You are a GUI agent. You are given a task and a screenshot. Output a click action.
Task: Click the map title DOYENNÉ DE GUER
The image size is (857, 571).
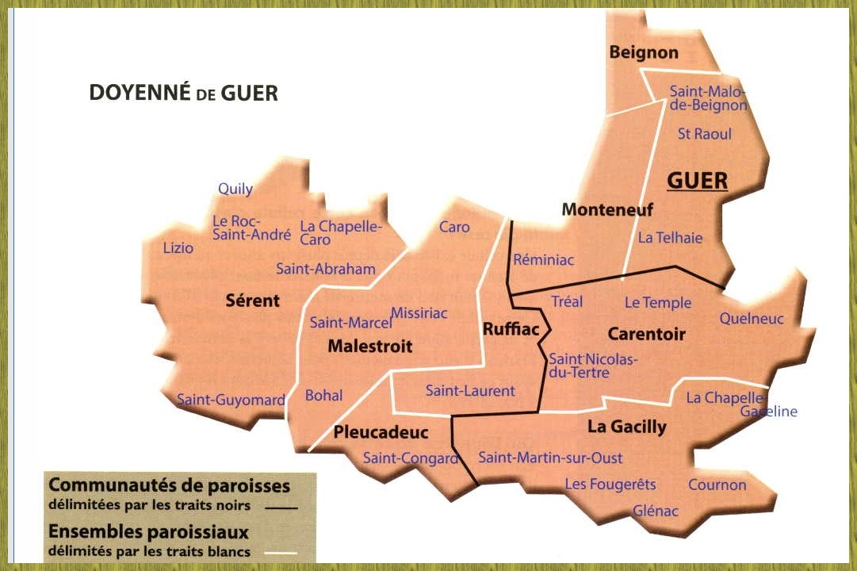pos(183,93)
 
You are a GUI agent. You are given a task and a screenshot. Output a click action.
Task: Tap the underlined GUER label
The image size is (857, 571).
pos(697,181)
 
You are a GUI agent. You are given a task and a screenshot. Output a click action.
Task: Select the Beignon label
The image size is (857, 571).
pos(644,52)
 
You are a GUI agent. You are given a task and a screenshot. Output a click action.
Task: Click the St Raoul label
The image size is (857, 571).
pos(704,134)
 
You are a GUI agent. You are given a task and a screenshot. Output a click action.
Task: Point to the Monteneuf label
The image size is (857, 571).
pos(607,209)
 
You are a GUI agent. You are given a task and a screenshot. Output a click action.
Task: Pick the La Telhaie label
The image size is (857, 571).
pos(670,238)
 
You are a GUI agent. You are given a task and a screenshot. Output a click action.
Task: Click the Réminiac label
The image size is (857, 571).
pos(543,259)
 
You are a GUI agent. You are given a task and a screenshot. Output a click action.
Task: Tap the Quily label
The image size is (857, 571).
pos(235,189)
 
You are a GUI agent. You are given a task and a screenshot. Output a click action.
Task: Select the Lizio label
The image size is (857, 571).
pos(178,248)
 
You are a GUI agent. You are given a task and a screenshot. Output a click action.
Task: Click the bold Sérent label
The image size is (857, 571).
pos(252,301)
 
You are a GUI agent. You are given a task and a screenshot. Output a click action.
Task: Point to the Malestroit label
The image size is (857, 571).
pos(369,347)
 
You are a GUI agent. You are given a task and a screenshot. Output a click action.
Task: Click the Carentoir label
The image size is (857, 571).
pos(646,334)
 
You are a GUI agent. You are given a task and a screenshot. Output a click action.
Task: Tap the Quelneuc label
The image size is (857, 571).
pos(752,319)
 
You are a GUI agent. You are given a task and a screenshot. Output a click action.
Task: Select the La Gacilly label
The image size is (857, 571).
pos(626,427)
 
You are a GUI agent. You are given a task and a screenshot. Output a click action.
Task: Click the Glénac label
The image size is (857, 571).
pos(656,512)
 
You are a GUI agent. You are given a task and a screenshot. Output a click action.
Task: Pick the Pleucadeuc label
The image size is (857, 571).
pos(381,432)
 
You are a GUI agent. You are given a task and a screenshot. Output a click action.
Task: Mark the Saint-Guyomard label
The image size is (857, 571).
pos(230,400)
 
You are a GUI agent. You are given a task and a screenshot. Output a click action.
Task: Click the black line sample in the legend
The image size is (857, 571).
pos(281,506)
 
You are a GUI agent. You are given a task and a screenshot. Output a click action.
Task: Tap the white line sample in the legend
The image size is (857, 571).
pos(281,552)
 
